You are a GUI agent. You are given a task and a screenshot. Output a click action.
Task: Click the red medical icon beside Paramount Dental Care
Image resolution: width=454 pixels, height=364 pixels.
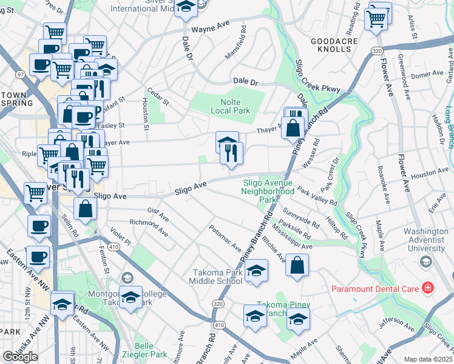[428, 288]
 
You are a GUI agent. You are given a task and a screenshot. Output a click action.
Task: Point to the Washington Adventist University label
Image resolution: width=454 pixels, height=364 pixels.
[425, 240]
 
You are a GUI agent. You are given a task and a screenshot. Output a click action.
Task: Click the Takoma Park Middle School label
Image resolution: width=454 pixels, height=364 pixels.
[218, 276]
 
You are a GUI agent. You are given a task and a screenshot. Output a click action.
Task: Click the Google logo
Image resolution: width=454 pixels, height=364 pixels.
[20, 357]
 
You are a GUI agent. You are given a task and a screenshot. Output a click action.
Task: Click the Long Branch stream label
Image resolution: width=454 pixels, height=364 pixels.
[449, 127]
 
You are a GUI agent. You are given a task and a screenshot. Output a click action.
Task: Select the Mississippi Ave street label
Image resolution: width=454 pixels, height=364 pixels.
[292, 240]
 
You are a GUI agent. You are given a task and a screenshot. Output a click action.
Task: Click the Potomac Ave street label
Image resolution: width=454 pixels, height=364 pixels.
[225, 237]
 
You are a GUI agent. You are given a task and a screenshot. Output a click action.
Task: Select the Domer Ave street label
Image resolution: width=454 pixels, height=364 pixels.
[428, 76]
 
